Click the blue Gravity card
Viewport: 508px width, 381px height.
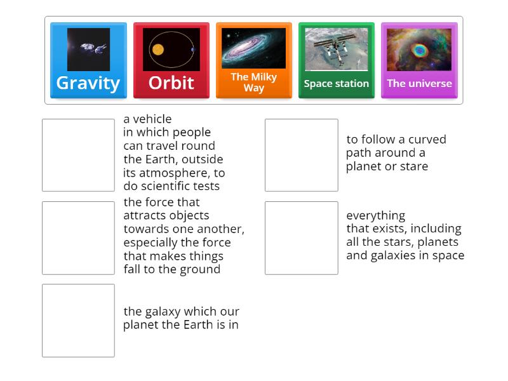click(88, 61)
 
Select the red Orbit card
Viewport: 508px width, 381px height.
click(171, 61)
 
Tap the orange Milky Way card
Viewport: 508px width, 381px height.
click(253, 61)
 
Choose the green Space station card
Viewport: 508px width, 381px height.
click(336, 61)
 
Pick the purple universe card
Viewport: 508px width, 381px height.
click(419, 61)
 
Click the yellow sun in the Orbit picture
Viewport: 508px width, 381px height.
click(157, 49)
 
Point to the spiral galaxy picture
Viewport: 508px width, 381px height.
click(253, 48)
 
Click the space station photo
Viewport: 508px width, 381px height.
click(336, 49)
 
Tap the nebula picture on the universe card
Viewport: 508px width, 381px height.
click(419, 49)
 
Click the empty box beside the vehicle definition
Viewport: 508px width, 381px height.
click(78, 155)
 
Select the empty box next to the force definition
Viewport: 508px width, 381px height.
click(78, 237)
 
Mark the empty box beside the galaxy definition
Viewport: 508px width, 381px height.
click(78, 320)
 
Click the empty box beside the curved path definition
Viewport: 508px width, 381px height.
click(301, 155)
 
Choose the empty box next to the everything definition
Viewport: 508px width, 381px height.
click(301, 237)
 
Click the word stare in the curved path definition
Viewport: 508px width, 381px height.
click(415, 166)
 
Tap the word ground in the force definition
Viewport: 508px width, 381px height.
click(199, 269)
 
